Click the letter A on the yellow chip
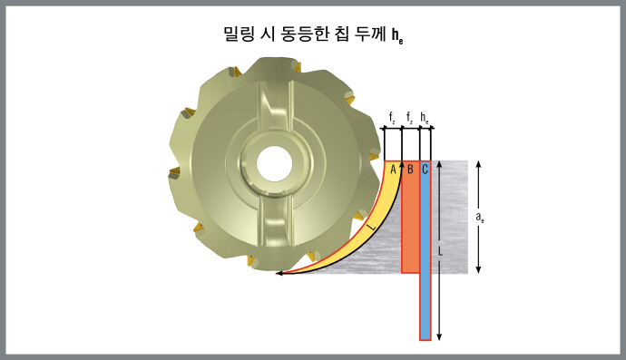(394, 169)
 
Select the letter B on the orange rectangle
(410, 169)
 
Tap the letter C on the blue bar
(425, 169)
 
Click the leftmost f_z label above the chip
(392, 119)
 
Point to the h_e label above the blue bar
(425, 119)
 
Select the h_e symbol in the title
(397, 36)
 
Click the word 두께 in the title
(371, 34)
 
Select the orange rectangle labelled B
(410, 222)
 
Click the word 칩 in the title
(341, 34)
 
